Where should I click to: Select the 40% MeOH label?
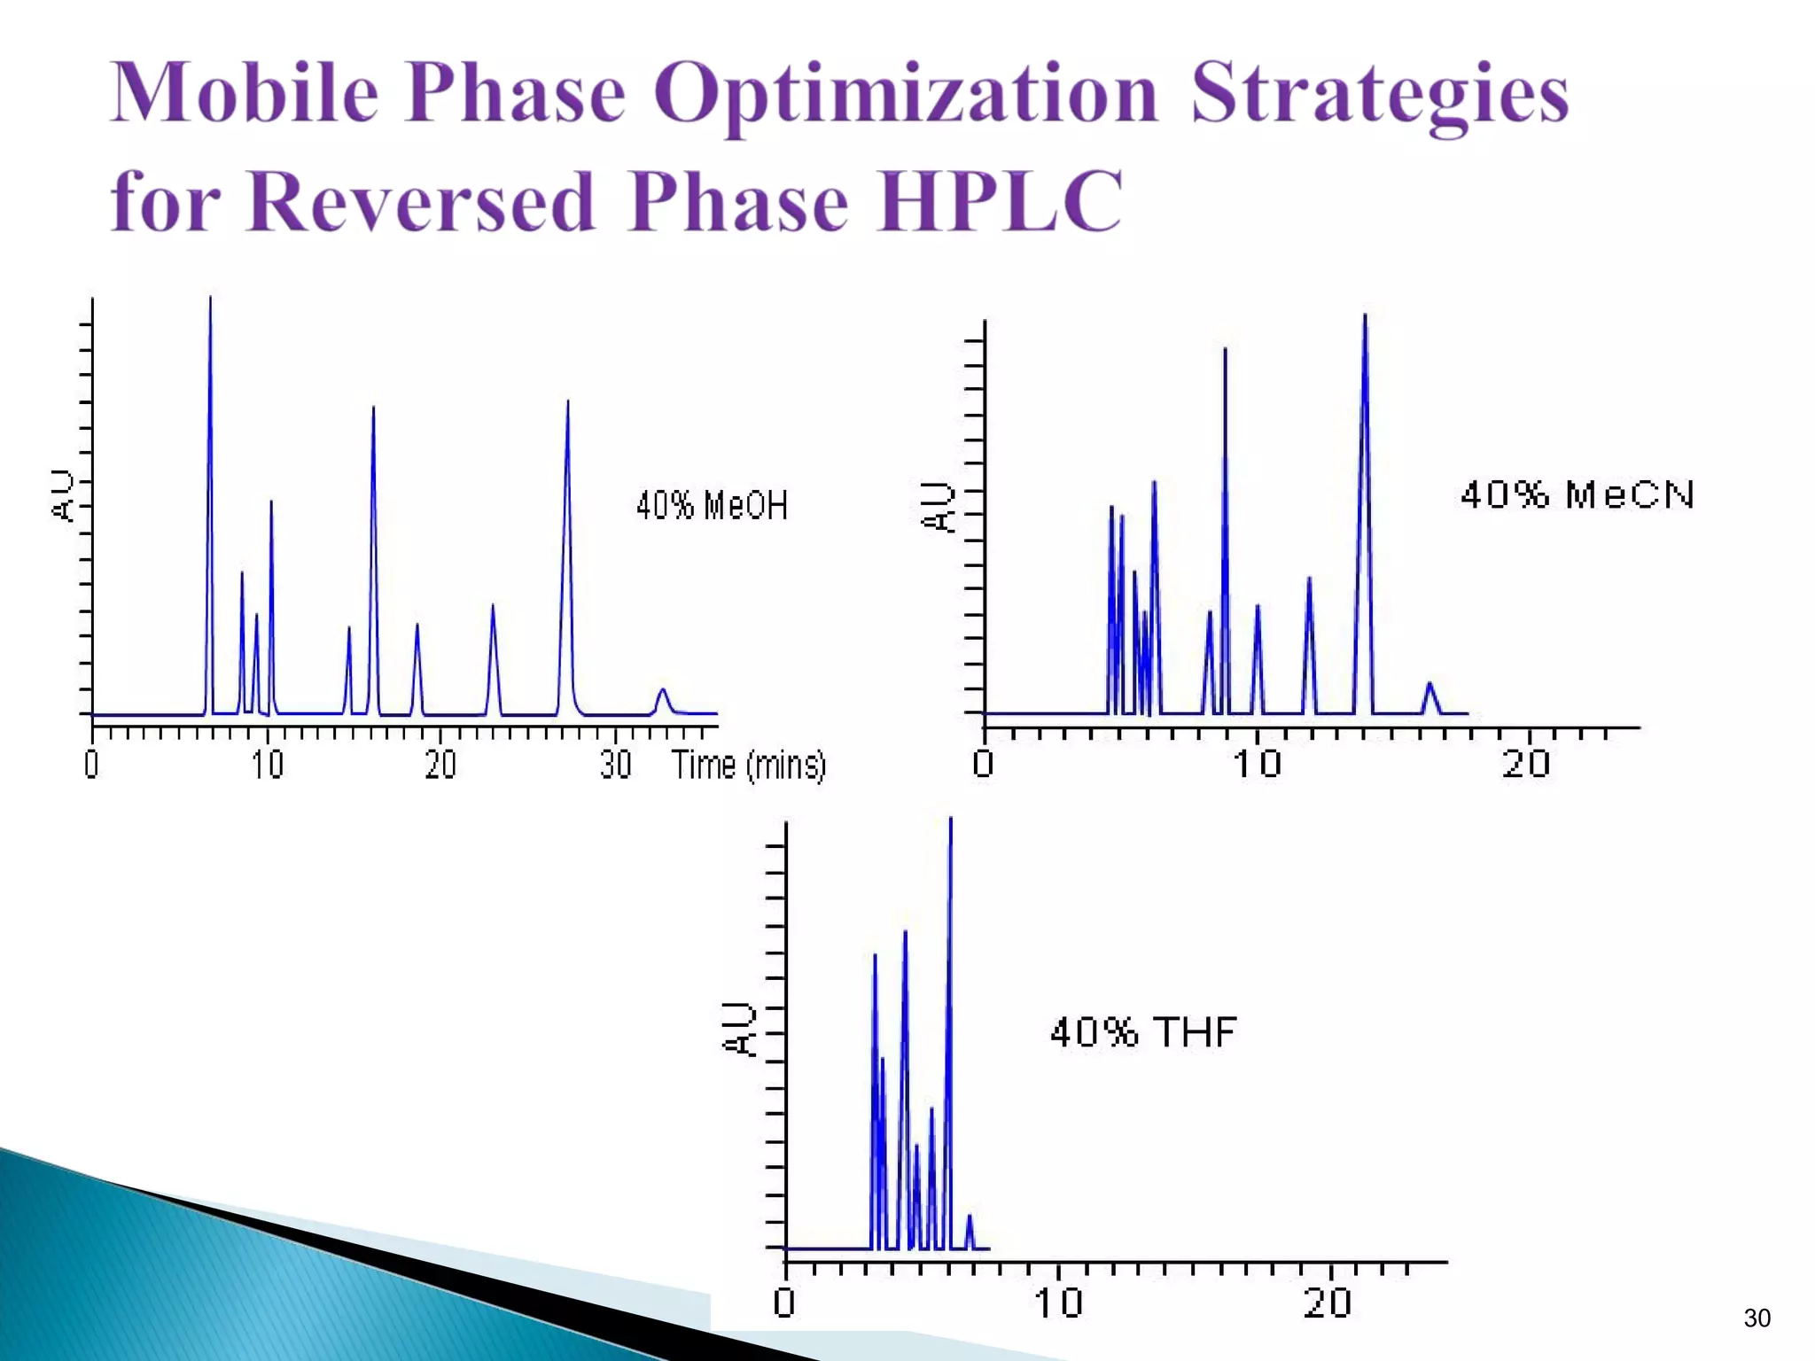712,506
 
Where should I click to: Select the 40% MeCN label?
1577,494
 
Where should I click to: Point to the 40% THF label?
1143,1032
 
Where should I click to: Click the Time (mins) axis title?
748,765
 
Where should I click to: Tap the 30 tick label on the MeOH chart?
615,765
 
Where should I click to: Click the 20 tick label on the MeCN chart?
1526,764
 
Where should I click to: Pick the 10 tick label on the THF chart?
1058,1303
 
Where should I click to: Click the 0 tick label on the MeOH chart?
91,765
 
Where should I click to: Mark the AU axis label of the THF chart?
738,1030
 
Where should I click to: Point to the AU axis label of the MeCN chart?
937,507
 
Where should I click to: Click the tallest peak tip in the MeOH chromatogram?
210,299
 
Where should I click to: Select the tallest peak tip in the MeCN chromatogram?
1365,315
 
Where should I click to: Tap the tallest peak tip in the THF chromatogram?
950,820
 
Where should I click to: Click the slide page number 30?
1757,1318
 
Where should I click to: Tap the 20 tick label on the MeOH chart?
440,765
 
